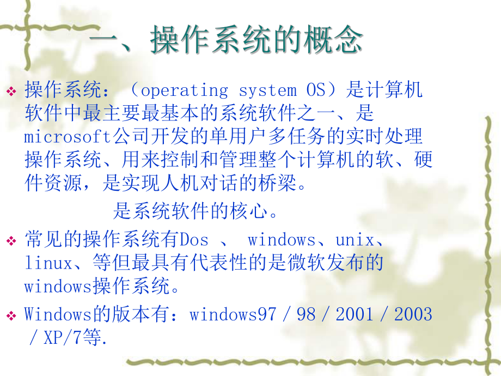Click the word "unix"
[x=355, y=240]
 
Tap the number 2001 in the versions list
[x=355, y=314]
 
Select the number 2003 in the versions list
[x=413, y=314]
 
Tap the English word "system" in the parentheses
[x=267, y=90]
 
